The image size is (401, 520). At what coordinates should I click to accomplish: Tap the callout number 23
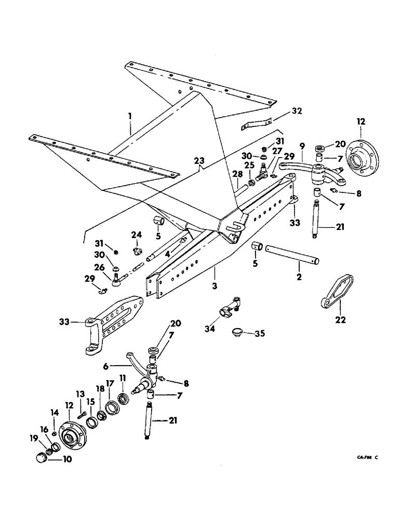[x=200, y=161]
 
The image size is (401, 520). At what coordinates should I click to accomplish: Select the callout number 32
[x=297, y=111]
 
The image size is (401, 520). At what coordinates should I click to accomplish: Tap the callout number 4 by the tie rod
[x=167, y=254]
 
